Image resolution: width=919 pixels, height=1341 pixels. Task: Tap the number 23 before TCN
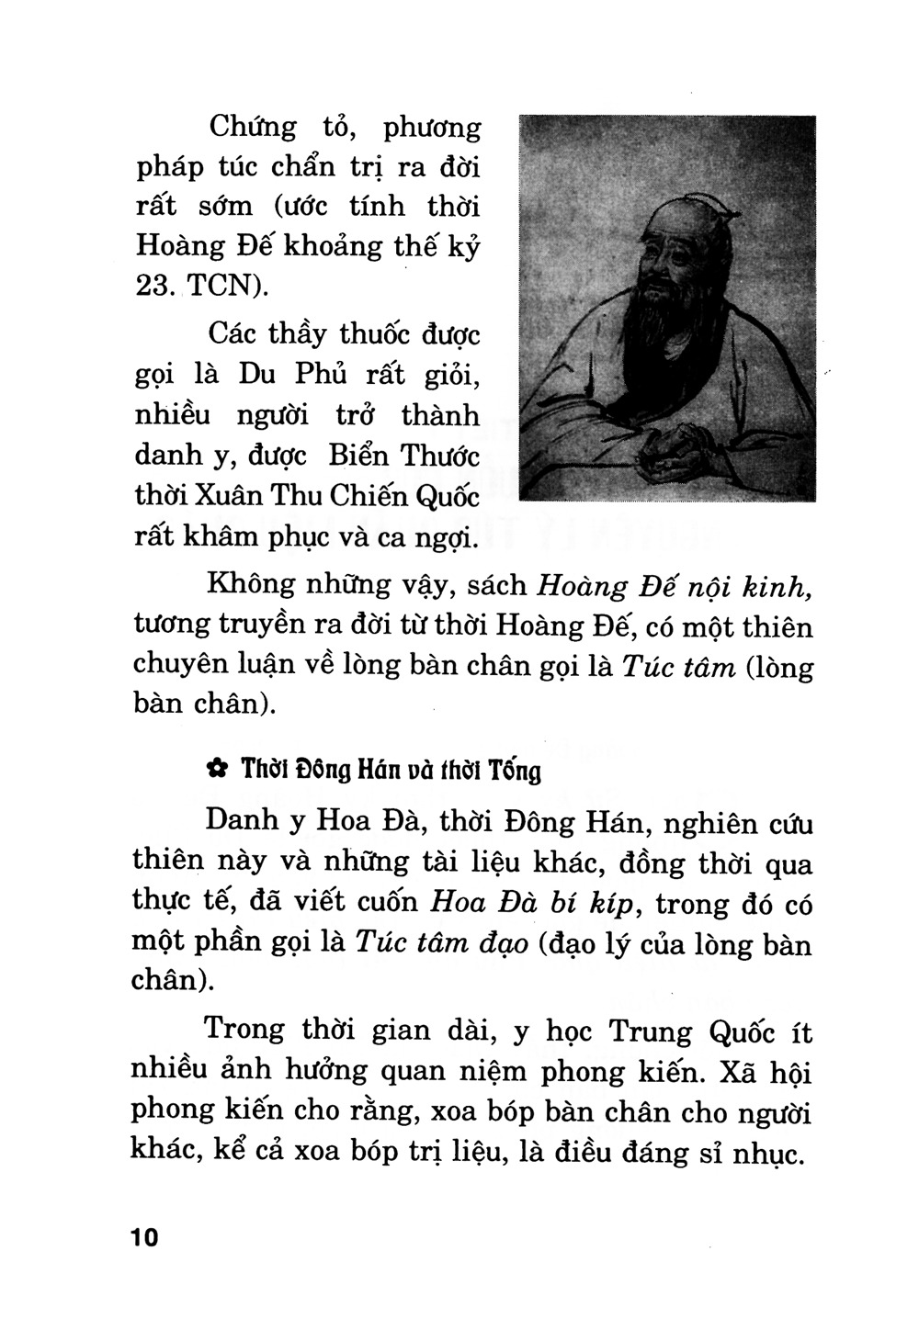153,286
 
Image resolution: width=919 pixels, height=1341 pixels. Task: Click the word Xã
691,1071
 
